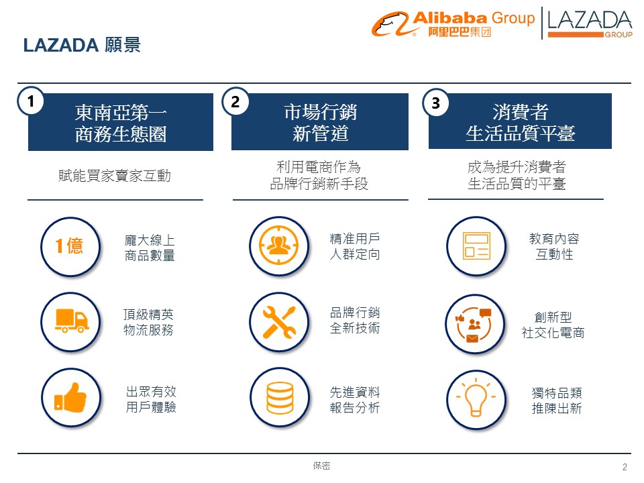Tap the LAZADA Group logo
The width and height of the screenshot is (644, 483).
tap(589, 23)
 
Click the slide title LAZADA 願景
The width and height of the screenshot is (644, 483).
tap(81, 45)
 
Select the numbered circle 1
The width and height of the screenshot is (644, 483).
tap(30, 101)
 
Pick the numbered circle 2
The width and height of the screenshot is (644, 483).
tap(235, 101)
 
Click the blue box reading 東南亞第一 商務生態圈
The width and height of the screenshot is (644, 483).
tap(121, 123)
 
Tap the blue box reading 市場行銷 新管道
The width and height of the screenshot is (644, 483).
tap(320, 122)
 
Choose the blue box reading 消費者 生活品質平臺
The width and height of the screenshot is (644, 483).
tap(520, 122)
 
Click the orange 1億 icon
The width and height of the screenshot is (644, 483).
tap(70, 246)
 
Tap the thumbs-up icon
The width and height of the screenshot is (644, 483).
tap(70, 396)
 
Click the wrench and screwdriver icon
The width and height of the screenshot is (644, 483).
tap(278, 321)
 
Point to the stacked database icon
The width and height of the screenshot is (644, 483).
tap(278, 397)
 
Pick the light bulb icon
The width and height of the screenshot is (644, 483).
tap(476, 399)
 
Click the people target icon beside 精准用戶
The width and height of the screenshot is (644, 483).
tap(278, 245)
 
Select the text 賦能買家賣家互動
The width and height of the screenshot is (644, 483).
tap(115, 176)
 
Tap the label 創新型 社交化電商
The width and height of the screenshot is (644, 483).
tap(553, 325)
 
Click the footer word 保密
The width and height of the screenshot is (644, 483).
tap(321, 465)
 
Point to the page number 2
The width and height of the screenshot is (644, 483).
tap(625, 467)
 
